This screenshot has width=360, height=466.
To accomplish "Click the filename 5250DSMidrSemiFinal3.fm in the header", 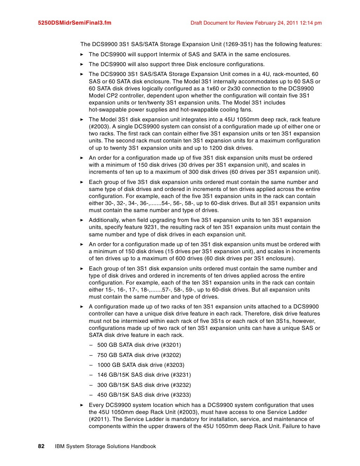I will click(x=75, y=23).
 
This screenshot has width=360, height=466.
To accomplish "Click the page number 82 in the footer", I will click(x=41, y=446).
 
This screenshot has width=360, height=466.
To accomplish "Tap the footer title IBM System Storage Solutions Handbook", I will click(x=105, y=446).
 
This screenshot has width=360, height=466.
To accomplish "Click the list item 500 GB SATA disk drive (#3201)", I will click(x=139, y=345).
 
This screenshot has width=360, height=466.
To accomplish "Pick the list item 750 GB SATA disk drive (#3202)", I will click(x=139, y=355).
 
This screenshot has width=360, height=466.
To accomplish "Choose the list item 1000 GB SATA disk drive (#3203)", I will click(x=141, y=365).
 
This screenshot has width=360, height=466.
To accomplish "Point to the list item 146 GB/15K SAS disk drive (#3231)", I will click(x=144, y=375).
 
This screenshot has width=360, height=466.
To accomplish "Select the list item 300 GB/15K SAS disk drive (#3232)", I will click(x=144, y=385).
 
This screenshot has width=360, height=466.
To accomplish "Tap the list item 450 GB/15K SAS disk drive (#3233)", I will click(x=144, y=395).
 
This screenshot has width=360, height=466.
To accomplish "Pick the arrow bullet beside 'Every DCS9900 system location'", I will click(x=82, y=405).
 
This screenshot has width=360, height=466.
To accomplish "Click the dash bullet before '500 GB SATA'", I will click(x=91, y=345).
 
